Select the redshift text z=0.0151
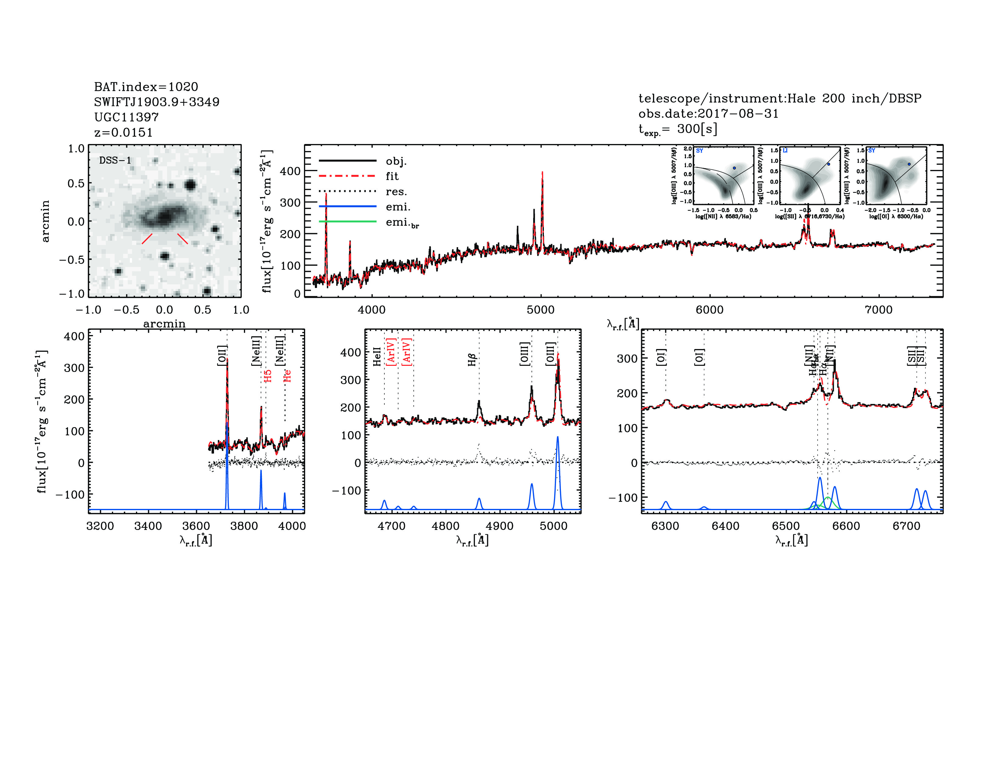(x=123, y=132)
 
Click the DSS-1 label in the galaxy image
(x=115, y=160)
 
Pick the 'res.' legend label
(x=396, y=191)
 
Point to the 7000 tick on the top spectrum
(x=878, y=310)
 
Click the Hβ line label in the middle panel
(x=472, y=360)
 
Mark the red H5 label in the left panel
(x=268, y=376)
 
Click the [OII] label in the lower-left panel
(x=222, y=355)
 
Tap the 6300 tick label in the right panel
(x=665, y=526)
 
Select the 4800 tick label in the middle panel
(x=445, y=526)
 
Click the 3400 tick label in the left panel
(x=148, y=526)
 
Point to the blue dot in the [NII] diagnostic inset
(x=734, y=168)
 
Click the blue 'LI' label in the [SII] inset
(x=785, y=151)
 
